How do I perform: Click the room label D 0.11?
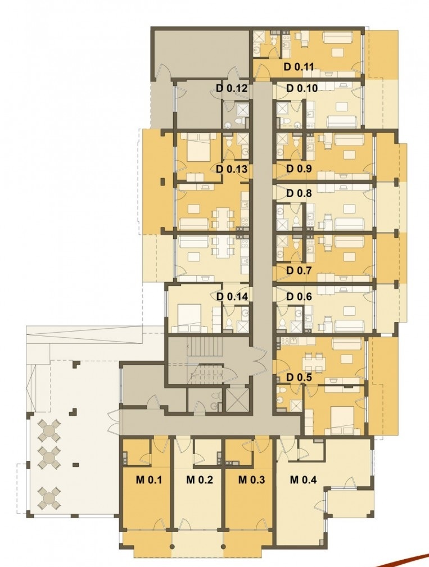[x=299, y=66]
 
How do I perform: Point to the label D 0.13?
[x=232, y=169]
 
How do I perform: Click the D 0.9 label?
[x=299, y=169]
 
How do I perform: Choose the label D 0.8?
[x=299, y=193]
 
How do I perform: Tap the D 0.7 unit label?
[x=299, y=270]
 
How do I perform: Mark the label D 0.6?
[x=299, y=297]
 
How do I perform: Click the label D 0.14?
[x=232, y=297]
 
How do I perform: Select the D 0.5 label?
[x=299, y=377]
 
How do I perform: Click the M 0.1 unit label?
[x=148, y=480]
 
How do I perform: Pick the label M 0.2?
[x=200, y=480]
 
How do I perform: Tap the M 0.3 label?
[x=251, y=480]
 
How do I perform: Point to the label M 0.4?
[x=304, y=480]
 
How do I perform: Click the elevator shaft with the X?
[x=237, y=400]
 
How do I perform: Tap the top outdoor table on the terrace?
[x=48, y=429]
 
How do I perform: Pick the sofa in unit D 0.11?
[x=337, y=37]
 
